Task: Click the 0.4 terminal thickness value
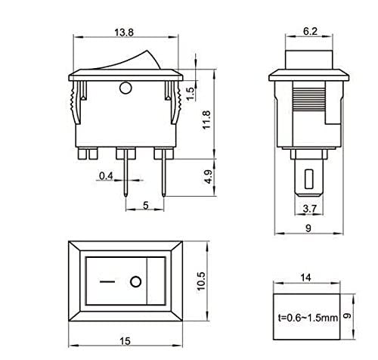108,176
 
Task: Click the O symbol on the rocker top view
135,283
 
